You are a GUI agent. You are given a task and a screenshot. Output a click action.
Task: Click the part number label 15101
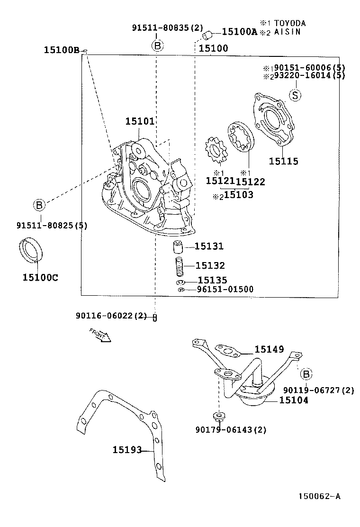tap(140, 122)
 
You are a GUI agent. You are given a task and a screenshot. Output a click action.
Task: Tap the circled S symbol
tap(295, 95)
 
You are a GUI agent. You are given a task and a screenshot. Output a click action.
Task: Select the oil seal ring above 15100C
tap(32, 250)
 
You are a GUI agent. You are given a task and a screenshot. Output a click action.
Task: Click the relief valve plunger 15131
tap(177, 247)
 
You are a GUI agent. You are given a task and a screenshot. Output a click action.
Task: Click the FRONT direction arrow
tap(100, 335)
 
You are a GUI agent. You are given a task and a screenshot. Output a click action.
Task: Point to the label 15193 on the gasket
tap(127, 450)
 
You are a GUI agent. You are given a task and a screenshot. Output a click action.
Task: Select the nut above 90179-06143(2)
tap(218, 417)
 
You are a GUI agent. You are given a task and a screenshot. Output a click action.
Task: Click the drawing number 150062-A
tap(319, 496)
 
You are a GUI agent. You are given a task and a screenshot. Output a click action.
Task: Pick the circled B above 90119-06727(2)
tap(306, 374)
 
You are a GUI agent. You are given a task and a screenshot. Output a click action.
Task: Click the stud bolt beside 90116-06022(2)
tap(155, 317)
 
